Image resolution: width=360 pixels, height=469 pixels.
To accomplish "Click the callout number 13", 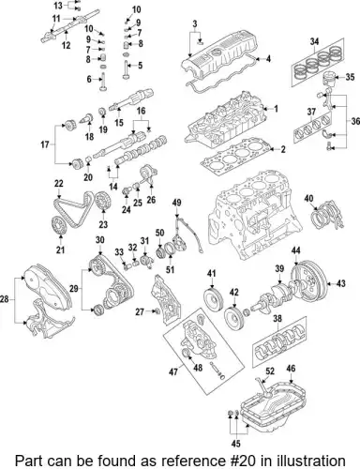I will [31, 7].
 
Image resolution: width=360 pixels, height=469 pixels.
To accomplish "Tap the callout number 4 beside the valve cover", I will [269, 60].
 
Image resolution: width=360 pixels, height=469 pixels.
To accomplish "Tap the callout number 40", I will [309, 199].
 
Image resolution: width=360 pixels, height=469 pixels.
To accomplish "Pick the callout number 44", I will [295, 250].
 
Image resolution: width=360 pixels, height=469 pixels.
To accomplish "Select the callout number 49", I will [176, 203].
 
